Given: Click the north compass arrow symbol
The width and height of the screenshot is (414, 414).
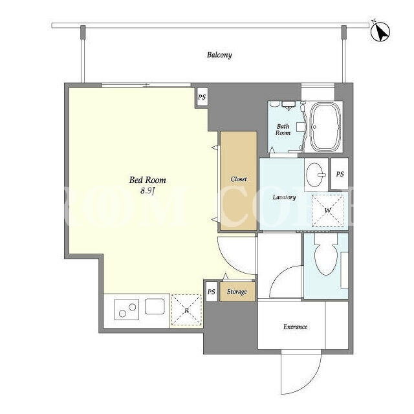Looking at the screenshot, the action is pos(380,32).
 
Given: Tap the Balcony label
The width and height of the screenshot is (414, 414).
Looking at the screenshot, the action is pos(219,55).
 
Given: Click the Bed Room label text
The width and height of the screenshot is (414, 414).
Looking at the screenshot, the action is pos(147,180).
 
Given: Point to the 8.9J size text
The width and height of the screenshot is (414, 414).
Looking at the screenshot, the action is pos(147,191).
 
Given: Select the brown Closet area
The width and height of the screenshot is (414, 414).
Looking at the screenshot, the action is pos(239,181).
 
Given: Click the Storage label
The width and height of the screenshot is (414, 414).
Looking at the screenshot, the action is pos(237,292).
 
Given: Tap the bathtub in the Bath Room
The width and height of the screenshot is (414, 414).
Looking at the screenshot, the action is pos(325,127).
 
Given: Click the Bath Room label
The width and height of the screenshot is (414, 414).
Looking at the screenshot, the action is pos(283,129).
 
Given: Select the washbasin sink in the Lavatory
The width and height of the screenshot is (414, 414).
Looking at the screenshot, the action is pos(316,175).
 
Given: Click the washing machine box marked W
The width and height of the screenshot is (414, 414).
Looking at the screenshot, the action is pos(327,211).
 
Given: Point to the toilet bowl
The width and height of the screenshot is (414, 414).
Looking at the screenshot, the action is pos(326,255).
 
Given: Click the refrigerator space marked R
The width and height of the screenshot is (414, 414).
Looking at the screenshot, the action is pos(186,310).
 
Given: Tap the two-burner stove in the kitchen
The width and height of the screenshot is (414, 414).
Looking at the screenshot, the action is pos(127,310).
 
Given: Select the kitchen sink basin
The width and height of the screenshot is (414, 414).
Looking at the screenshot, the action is pos(155,306).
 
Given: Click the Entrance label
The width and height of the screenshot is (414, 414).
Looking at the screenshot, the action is pos(295,327).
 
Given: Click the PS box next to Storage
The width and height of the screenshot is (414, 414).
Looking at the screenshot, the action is pos(212,292).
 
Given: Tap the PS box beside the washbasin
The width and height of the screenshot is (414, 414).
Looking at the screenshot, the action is pos(340,174).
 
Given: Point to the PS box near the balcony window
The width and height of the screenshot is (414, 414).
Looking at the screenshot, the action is pos(202,97).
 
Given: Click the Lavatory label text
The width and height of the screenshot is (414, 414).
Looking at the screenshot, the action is pos(284,197).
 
